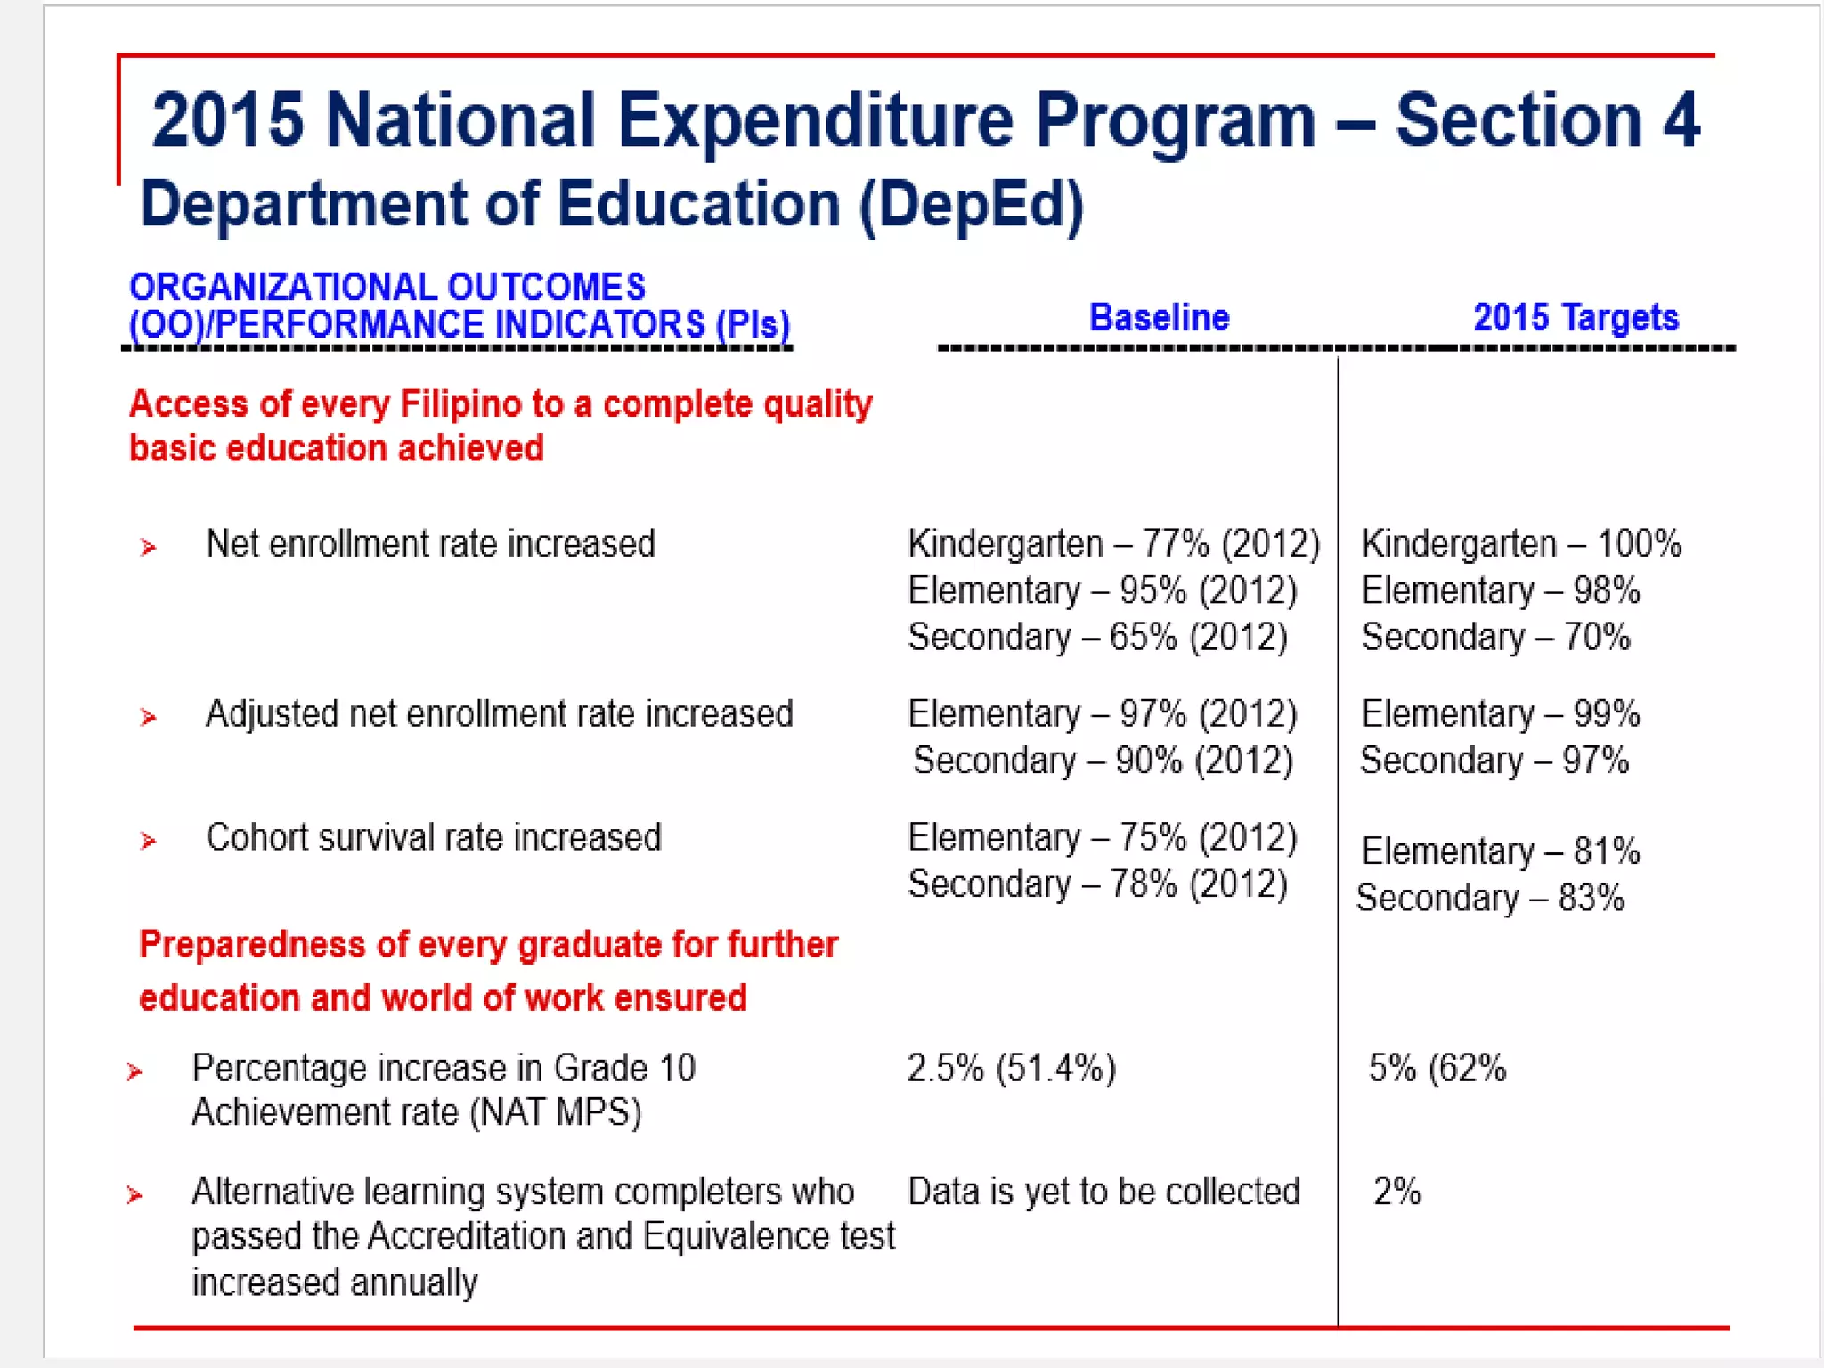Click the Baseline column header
tap(1159, 318)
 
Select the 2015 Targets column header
tap(1576, 318)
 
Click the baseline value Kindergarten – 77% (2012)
tap(1113, 544)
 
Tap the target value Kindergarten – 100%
tap(1521, 544)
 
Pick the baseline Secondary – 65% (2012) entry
tap(1097, 638)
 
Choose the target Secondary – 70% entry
tap(1495, 638)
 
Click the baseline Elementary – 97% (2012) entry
tap(1103, 714)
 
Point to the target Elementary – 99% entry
tap(1501, 714)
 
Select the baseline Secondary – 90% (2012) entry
tap(1103, 761)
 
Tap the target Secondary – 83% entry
tap(1490, 899)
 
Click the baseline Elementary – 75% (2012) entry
tap(1103, 838)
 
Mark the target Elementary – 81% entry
tap(1501, 851)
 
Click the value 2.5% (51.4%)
tap(1012, 1068)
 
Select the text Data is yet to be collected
tap(1104, 1192)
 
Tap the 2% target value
tap(1397, 1192)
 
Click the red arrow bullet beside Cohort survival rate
tap(148, 841)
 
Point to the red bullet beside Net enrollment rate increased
tap(148, 547)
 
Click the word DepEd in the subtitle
tap(972, 205)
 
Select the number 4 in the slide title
tap(1681, 120)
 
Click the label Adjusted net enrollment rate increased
tap(499, 714)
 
